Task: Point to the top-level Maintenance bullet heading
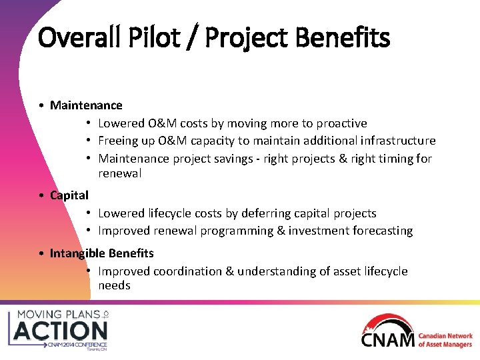click(86, 105)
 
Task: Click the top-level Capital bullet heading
click(69, 195)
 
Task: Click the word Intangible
click(76, 253)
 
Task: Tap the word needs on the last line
click(114, 285)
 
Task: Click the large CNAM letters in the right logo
click(388, 340)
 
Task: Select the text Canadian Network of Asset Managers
click(445, 340)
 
